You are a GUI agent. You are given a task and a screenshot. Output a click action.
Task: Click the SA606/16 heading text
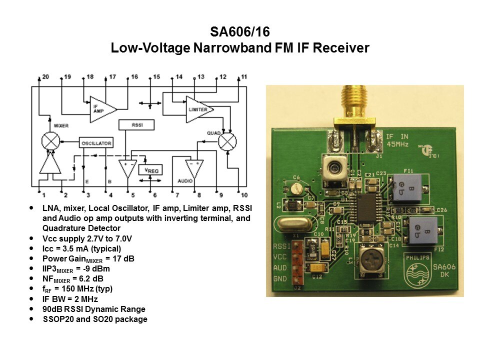click(239, 32)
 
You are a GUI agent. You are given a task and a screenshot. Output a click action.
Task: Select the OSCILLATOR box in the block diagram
click(96, 143)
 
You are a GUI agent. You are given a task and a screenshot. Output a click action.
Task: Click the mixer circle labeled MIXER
click(50, 141)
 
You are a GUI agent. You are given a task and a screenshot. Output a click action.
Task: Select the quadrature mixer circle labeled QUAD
click(227, 141)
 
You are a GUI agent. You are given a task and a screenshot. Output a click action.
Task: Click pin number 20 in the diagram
click(45, 77)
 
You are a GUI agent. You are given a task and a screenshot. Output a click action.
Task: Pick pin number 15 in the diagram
click(156, 77)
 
